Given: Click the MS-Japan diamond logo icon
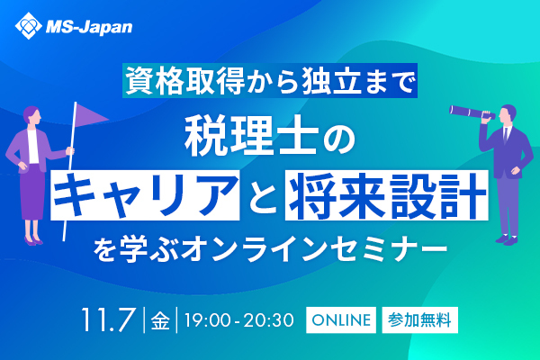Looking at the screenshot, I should [28, 26].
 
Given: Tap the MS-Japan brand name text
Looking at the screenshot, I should [89, 27].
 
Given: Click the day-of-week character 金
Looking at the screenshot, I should [161, 319].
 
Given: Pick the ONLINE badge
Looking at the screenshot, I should [340, 319].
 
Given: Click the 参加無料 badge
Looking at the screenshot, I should [419, 319].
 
